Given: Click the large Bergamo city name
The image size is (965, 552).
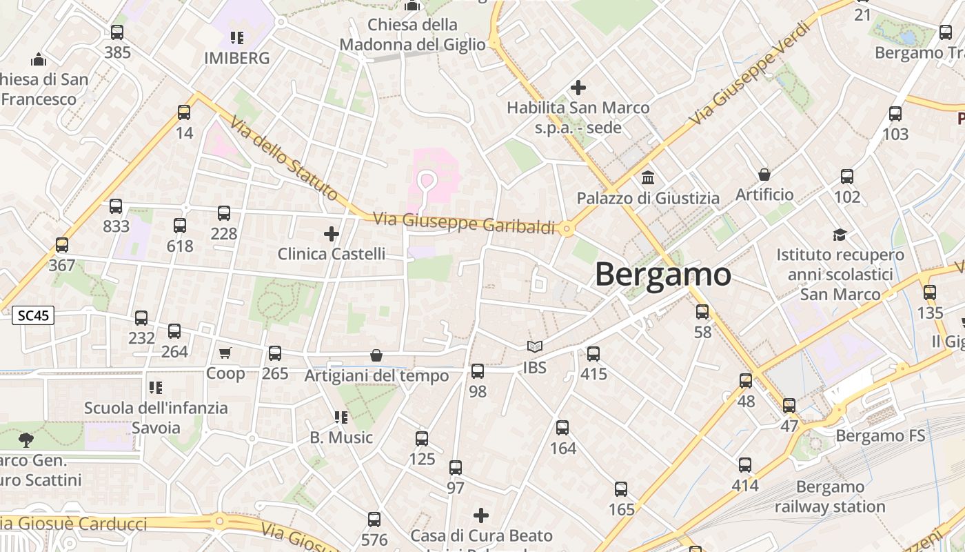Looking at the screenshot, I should pyautogui.click(x=662, y=275).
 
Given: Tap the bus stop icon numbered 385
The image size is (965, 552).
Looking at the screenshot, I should pyautogui.click(x=117, y=32).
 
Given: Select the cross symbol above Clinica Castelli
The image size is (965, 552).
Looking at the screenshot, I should pyautogui.click(x=332, y=234).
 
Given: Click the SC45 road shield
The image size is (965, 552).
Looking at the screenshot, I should pyautogui.click(x=33, y=316).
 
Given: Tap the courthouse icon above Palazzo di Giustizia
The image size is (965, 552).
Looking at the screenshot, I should pyautogui.click(x=648, y=177).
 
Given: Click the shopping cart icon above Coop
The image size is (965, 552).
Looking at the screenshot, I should pyautogui.click(x=225, y=353).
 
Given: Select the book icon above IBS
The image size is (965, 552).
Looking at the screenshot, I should pyautogui.click(x=535, y=347).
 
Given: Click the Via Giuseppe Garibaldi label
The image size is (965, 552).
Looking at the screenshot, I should pyautogui.click(x=464, y=223).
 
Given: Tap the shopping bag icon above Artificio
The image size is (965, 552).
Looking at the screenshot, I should pyautogui.click(x=764, y=175).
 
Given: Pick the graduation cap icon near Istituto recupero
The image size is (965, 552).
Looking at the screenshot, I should pyautogui.click(x=840, y=235).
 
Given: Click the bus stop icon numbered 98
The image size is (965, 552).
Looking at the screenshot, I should pyautogui.click(x=478, y=371).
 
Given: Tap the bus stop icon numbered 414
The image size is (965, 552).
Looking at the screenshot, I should pyautogui.click(x=745, y=465).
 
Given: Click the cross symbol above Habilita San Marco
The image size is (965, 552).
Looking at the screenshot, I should pyautogui.click(x=578, y=88).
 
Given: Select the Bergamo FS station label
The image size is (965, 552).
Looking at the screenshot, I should pyautogui.click(x=880, y=436).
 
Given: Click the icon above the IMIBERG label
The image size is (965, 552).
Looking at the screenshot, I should pyautogui.click(x=237, y=37).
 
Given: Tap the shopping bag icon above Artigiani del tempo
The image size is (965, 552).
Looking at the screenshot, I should pyautogui.click(x=376, y=355).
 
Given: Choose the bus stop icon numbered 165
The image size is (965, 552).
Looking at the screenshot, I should pyautogui.click(x=621, y=489).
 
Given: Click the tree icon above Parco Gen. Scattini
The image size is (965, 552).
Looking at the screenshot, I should pyautogui.click(x=26, y=439).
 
